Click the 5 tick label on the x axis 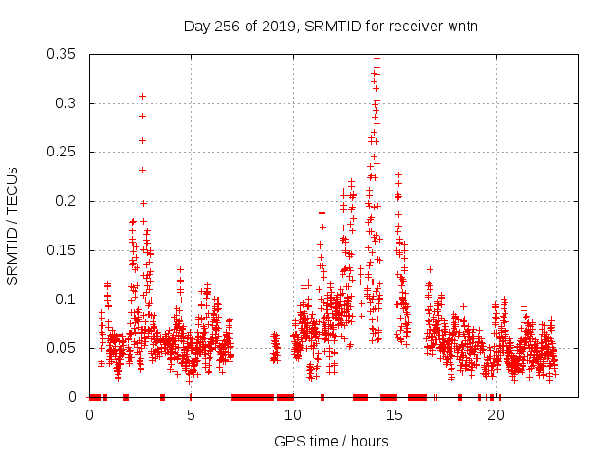(191, 415)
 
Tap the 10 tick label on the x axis (292, 415)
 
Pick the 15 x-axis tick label (394, 415)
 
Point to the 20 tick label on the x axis (495, 415)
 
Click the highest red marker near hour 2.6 (142, 96)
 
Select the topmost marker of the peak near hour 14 (377, 58)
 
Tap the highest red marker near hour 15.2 (398, 174)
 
